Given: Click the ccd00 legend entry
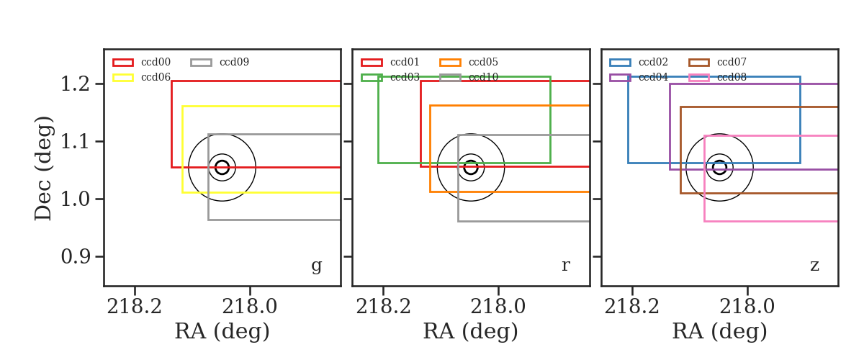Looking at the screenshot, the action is (x=142, y=62).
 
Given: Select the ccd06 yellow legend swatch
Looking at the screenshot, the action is (x=123, y=78).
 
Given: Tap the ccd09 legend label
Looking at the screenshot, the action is (x=234, y=62).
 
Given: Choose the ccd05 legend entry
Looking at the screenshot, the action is (x=469, y=62).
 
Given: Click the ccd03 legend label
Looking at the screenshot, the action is (x=405, y=77).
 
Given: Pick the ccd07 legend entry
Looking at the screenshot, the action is (x=717, y=62).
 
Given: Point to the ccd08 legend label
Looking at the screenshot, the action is (x=732, y=77).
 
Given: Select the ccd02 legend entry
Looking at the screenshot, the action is (x=639, y=62).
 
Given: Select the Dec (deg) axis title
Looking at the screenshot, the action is (x=42, y=168).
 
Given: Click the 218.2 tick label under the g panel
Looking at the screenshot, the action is (x=134, y=307).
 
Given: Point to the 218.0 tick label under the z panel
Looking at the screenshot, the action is (x=747, y=307).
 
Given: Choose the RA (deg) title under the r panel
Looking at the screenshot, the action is (x=471, y=331).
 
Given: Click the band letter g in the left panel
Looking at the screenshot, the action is (x=317, y=266).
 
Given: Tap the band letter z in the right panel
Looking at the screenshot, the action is (x=814, y=266).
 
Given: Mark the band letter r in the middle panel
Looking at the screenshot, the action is (x=565, y=266).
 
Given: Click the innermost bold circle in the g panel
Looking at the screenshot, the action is (x=222, y=161).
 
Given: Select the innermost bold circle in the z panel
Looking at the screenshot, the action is (x=720, y=161).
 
